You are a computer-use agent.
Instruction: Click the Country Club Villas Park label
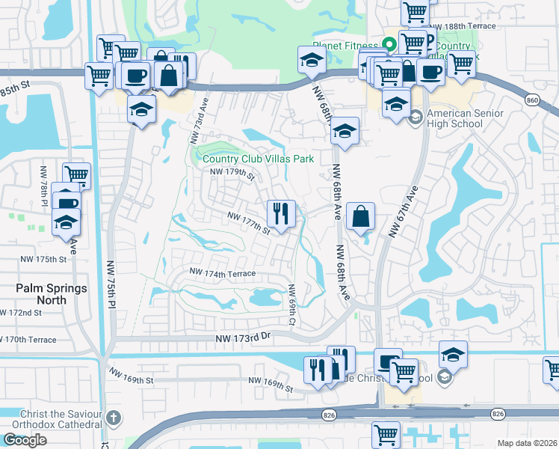click(x=257, y=159)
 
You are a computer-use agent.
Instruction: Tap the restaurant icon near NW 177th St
click(x=281, y=214)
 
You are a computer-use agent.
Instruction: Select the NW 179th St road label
click(x=232, y=174)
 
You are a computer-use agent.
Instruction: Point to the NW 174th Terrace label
click(x=223, y=273)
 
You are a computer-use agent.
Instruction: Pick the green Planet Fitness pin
click(x=389, y=45)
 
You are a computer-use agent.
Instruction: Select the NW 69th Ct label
click(x=292, y=305)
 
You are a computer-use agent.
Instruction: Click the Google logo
click(x=25, y=439)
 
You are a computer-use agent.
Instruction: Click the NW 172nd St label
click(x=21, y=312)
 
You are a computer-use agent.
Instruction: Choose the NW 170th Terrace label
click(x=28, y=340)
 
